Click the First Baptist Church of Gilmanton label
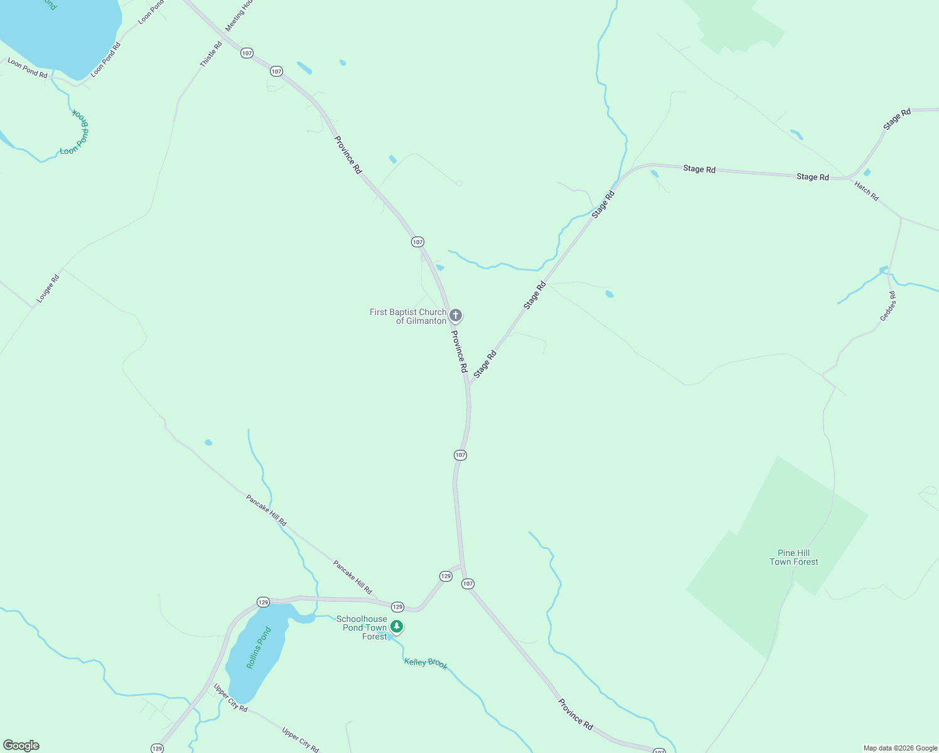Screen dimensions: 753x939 408,316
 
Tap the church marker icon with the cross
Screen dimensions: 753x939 456,315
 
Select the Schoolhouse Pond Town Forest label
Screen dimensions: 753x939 362,627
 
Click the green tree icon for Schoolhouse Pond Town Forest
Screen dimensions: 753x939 396,626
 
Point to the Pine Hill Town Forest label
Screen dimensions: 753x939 794,557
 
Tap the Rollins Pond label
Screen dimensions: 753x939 259,648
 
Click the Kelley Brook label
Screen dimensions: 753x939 426,663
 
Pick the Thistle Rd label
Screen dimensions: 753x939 211,54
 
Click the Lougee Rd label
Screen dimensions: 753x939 48,289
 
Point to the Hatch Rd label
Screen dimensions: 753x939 866,190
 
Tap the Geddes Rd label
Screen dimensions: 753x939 888,306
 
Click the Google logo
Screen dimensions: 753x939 21,745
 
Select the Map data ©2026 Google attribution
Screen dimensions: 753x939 900,748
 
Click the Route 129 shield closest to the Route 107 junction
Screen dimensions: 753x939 446,576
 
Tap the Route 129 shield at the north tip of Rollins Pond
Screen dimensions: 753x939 263,602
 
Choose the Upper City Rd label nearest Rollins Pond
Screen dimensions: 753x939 230,698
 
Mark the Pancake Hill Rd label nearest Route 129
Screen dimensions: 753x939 353,577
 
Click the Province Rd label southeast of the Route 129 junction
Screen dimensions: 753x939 576,713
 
